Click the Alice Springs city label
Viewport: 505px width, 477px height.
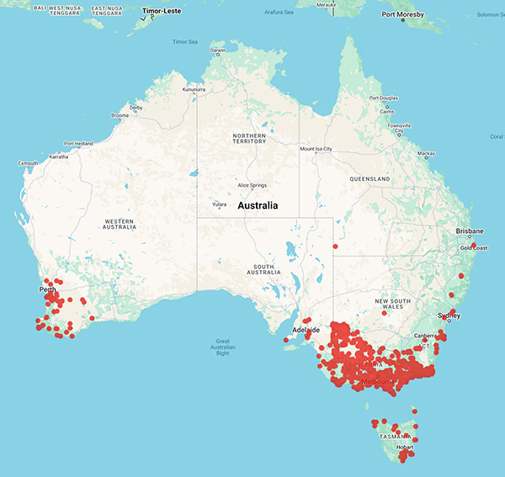pos(254,185)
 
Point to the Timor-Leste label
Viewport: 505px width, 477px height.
pos(162,12)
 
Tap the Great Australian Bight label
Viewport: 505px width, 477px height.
pos(222,347)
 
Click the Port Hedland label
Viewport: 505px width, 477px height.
pos(82,143)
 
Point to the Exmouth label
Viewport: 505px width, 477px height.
pos(28,162)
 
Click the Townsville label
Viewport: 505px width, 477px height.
pos(399,126)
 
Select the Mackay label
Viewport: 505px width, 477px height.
pos(427,154)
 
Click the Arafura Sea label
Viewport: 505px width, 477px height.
pos(279,11)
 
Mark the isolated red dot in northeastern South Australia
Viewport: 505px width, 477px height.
pos(335,246)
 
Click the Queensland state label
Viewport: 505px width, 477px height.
pos(371,179)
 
